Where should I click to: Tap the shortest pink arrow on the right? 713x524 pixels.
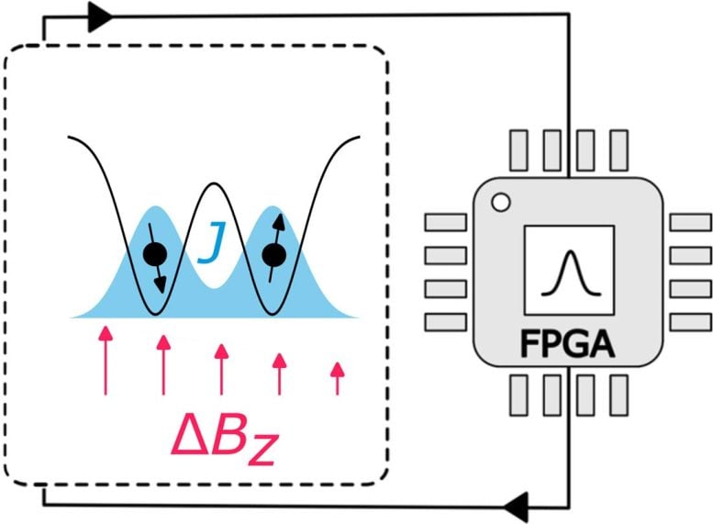click(337, 377)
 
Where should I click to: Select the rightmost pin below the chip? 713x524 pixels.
click(619, 394)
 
